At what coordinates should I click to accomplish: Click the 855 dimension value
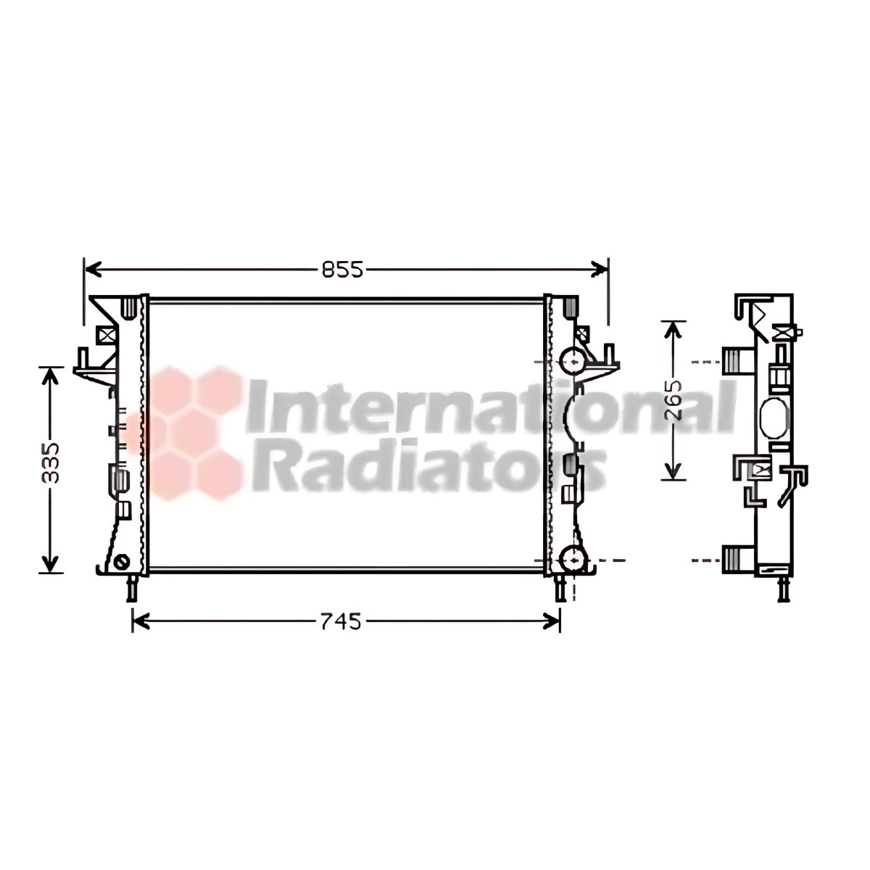click(343, 270)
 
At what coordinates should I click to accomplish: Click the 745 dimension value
click(341, 621)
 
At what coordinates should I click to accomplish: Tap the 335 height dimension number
click(51, 463)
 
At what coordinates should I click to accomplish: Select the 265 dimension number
click(674, 400)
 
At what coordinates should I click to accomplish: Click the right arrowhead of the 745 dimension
click(552, 621)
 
